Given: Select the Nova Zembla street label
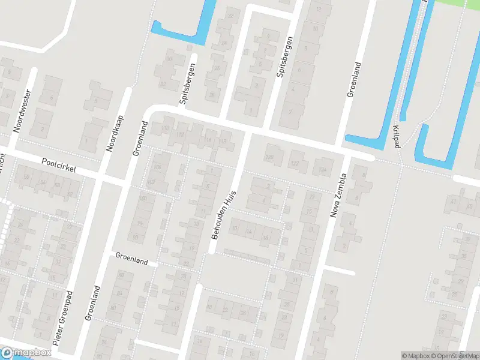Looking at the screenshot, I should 338,195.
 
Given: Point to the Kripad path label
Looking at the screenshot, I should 396,137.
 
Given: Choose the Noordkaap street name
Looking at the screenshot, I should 114,133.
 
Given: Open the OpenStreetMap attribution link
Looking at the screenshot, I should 454,356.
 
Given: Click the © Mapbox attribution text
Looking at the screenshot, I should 415,356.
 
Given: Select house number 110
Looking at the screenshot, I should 166,128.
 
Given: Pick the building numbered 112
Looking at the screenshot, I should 181,134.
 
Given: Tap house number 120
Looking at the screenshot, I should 269,157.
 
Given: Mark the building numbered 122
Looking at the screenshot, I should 295,163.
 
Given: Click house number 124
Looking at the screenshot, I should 322,169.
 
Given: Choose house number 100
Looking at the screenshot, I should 143,198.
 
